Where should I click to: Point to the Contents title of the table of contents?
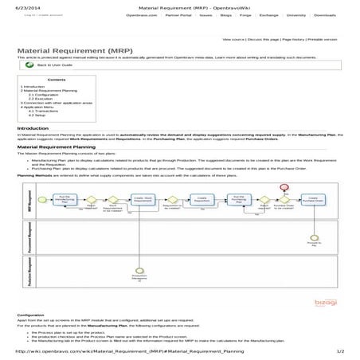point(57,80)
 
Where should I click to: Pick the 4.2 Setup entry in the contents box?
point(35,115)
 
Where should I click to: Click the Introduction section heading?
point(33,127)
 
